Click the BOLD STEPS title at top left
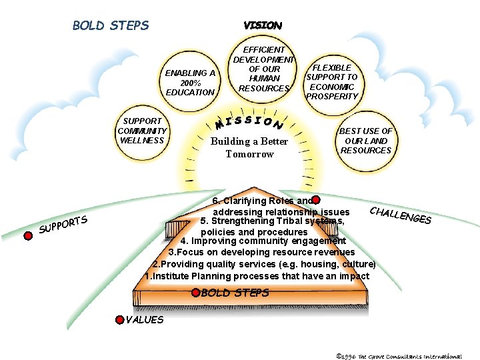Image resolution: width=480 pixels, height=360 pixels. [111, 26]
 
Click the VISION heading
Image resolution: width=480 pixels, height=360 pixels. [263, 25]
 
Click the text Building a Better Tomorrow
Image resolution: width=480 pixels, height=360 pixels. [249, 147]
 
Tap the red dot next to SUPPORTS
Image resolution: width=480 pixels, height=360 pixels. [28, 235]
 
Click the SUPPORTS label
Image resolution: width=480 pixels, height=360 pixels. [63, 225]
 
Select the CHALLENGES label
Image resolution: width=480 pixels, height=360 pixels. [400, 215]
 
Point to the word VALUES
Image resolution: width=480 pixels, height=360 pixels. [145, 320]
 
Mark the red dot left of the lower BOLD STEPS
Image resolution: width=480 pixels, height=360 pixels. [195, 292]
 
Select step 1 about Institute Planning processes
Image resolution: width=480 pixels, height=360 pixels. [257, 276]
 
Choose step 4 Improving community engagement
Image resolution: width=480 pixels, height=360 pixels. [263, 241]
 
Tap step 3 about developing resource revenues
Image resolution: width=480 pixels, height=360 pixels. [261, 252]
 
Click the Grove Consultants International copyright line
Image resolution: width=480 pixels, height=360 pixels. [399, 356]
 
